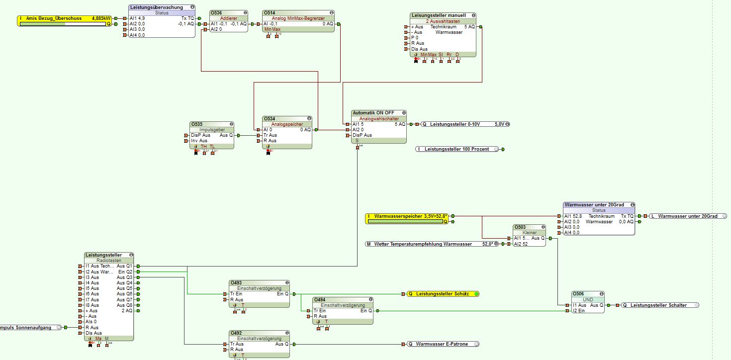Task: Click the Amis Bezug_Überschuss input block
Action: tap(65, 18)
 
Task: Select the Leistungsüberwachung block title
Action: tap(156, 7)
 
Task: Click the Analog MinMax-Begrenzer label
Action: tap(298, 18)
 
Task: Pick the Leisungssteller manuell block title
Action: tap(439, 15)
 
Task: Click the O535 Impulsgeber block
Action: tap(211, 135)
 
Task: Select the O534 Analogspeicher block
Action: tap(287, 132)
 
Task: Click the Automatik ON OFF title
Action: tap(373, 113)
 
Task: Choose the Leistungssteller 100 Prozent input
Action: tap(457, 149)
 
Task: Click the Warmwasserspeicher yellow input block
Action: tap(407, 216)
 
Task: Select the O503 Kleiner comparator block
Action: tap(529, 235)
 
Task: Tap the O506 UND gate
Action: tap(588, 302)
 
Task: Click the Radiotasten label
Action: tap(108, 261)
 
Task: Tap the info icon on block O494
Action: tap(369, 300)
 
